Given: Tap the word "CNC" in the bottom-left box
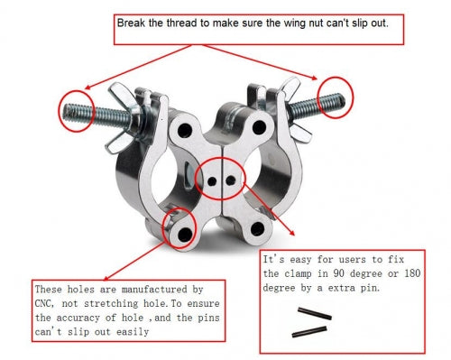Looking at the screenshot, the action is click(44, 304).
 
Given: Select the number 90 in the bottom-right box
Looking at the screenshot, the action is click(338, 273).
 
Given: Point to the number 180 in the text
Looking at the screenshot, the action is click(412, 273).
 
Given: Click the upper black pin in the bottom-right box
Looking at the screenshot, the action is click(315, 313).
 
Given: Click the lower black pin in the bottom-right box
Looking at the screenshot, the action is click(309, 331).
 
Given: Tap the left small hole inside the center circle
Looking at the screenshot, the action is click(212, 181).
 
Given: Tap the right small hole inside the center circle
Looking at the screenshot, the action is click(231, 180).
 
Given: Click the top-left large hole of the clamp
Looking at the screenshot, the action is click(185, 131).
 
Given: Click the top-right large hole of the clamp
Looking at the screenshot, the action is click(259, 127).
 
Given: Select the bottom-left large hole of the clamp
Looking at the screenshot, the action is click(185, 235).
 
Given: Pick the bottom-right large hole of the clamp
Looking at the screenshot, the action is click(258, 229).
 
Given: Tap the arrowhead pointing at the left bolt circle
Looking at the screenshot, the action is click(87, 88).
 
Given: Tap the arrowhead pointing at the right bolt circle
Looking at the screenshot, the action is click(314, 78).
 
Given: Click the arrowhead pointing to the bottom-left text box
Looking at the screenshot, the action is click(106, 277).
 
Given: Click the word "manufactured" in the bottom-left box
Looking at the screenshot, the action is click(154, 290).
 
